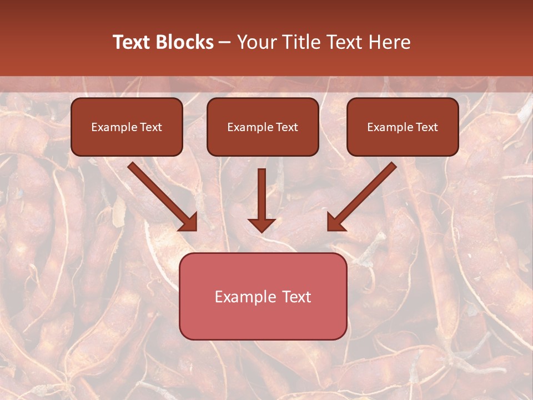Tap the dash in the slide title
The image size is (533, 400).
click(225, 43)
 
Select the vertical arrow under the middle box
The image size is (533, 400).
click(262, 194)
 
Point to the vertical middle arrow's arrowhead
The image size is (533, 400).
click(262, 224)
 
